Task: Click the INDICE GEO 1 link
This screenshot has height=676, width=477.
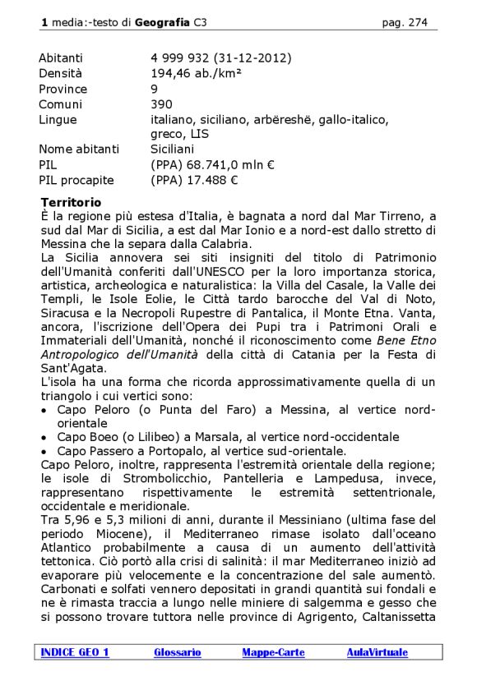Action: [74, 652]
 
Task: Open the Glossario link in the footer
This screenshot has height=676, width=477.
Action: [177, 652]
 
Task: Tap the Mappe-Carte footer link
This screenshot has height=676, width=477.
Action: [273, 652]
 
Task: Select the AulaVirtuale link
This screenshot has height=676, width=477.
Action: [377, 652]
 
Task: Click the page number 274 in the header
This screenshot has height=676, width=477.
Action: [417, 23]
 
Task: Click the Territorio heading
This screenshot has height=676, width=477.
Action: [71, 202]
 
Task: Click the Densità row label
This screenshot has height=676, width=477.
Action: [61, 73]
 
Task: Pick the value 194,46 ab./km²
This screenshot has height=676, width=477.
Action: [191, 73]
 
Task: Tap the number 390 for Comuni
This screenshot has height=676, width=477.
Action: [161, 104]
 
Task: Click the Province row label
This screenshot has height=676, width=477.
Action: [63, 89]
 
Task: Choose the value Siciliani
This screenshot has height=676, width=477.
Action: [172, 149]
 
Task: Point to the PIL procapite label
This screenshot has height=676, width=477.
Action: [76, 180]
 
